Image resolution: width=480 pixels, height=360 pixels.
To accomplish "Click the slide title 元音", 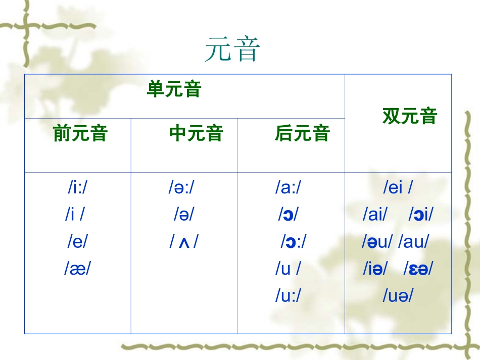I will pyautogui.click(x=232, y=50).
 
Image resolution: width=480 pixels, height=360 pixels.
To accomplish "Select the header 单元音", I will pyautogui.click(x=174, y=89).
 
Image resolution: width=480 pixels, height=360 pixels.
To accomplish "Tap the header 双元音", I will pyautogui.click(x=409, y=116).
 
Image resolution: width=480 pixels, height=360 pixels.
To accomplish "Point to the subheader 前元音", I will pyautogui.click(x=80, y=134).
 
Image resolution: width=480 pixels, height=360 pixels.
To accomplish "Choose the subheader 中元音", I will pyautogui.click(x=196, y=134).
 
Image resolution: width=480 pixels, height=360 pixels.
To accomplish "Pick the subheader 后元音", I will pyautogui.click(x=302, y=134).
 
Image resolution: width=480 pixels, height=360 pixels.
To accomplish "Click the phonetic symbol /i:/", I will pyautogui.click(x=80, y=188).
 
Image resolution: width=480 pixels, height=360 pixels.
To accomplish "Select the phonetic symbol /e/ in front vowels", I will pyautogui.click(x=77, y=241).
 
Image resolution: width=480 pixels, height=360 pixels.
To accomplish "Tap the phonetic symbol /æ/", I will pyautogui.click(x=77, y=269).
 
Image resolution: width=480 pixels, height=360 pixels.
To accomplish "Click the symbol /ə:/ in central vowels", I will pyautogui.click(x=181, y=188).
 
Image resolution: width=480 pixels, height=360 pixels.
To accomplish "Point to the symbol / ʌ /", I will pyautogui.click(x=183, y=242).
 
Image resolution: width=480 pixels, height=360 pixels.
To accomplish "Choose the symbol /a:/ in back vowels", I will pyautogui.click(x=288, y=188).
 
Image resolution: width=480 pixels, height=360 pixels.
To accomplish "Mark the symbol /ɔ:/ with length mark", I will pyautogui.click(x=294, y=242).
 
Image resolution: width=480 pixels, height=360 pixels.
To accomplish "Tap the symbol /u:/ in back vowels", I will pyautogui.click(x=288, y=296).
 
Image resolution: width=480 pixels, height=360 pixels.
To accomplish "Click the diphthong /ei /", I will pyautogui.click(x=398, y=188).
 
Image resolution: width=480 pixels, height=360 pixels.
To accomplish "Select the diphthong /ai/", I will pyautogui.click(x=374, y=215).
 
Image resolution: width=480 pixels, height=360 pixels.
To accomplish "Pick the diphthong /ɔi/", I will pyautogui.click(x=421, y=215).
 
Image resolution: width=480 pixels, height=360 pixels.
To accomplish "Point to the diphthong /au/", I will pyautogui.click(x=413, y=242).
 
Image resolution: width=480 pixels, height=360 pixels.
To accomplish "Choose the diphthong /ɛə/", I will pyautogui.click(x=418, y=269).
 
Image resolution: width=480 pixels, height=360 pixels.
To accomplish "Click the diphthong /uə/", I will pyautogui.click(x=398, y=296).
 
